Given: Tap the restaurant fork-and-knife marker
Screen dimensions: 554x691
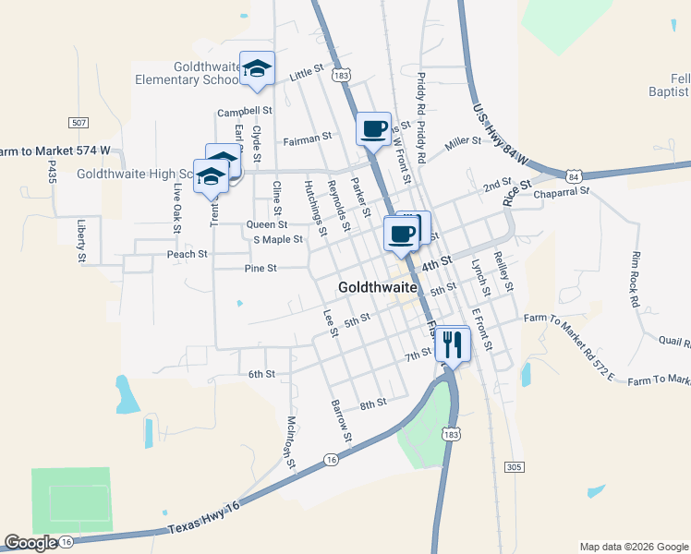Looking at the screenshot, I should pos(452,344).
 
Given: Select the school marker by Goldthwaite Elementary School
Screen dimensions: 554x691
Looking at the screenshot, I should pos(258,68).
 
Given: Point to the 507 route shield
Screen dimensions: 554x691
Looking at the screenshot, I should pos(79,122).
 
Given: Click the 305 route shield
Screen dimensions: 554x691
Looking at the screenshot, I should pos(515,467).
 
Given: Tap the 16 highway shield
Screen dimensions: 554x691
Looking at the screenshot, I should pos(332,459).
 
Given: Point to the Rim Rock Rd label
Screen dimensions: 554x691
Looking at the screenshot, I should pos(635,278).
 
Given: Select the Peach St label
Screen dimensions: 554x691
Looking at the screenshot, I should pos(187,254).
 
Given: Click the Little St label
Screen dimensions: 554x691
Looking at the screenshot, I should pos(309,70).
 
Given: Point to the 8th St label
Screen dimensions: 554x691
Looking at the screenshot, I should pos(371,404).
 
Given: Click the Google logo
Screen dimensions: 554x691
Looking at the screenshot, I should pos(31,544).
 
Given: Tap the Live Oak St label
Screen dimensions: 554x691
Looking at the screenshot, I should pos(176,207).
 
